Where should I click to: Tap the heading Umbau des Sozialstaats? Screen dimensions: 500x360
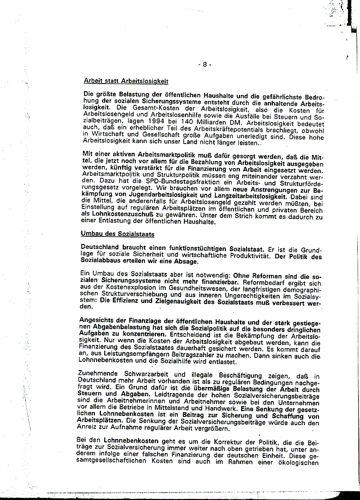118,234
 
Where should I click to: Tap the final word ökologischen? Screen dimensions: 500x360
302,463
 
